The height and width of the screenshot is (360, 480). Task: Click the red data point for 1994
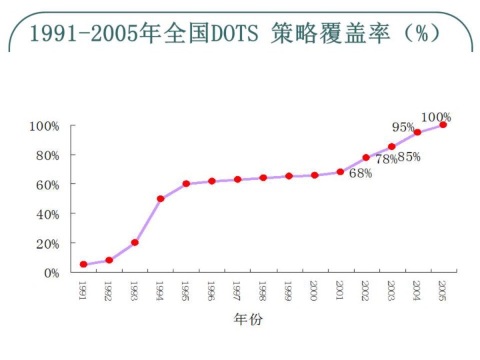point(161,199)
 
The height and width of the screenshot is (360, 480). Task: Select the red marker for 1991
point(83,265)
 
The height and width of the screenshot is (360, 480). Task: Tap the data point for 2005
point(443,125)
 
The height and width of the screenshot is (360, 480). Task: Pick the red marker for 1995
point(187,184)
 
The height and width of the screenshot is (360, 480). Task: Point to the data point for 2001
point(340,172)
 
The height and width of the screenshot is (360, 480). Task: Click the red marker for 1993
point(135,243)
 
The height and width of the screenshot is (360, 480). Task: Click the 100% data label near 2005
point(437,117)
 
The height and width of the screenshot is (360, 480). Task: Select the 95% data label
point(403,127)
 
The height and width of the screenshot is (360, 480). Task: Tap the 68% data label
point(360,173)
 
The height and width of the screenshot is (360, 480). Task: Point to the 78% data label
point(386,159)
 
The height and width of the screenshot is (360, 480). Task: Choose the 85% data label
point(409,157)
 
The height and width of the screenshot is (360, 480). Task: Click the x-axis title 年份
point(248,320)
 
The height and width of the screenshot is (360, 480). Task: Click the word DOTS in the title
point(230,33)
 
